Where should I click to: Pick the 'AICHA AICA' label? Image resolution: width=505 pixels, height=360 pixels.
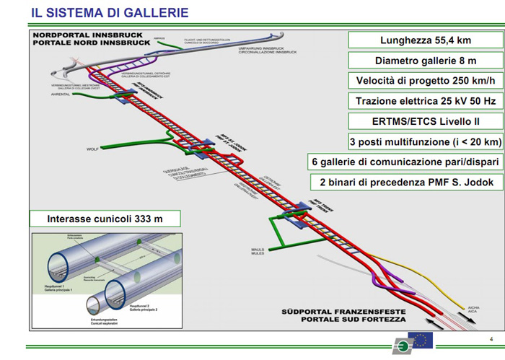click(473, 309)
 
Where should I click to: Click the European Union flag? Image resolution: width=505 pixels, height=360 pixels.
click(421, 339)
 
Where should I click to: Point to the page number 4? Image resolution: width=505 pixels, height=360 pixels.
click(491, 339)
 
